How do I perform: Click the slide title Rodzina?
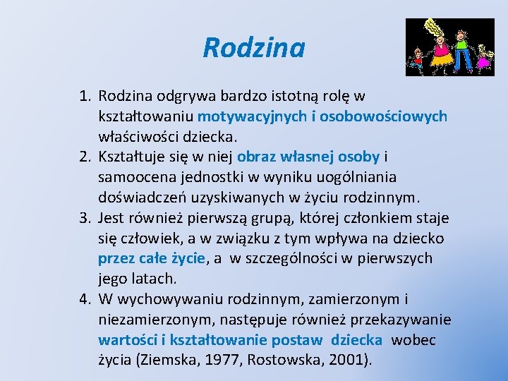tap(253, 48)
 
